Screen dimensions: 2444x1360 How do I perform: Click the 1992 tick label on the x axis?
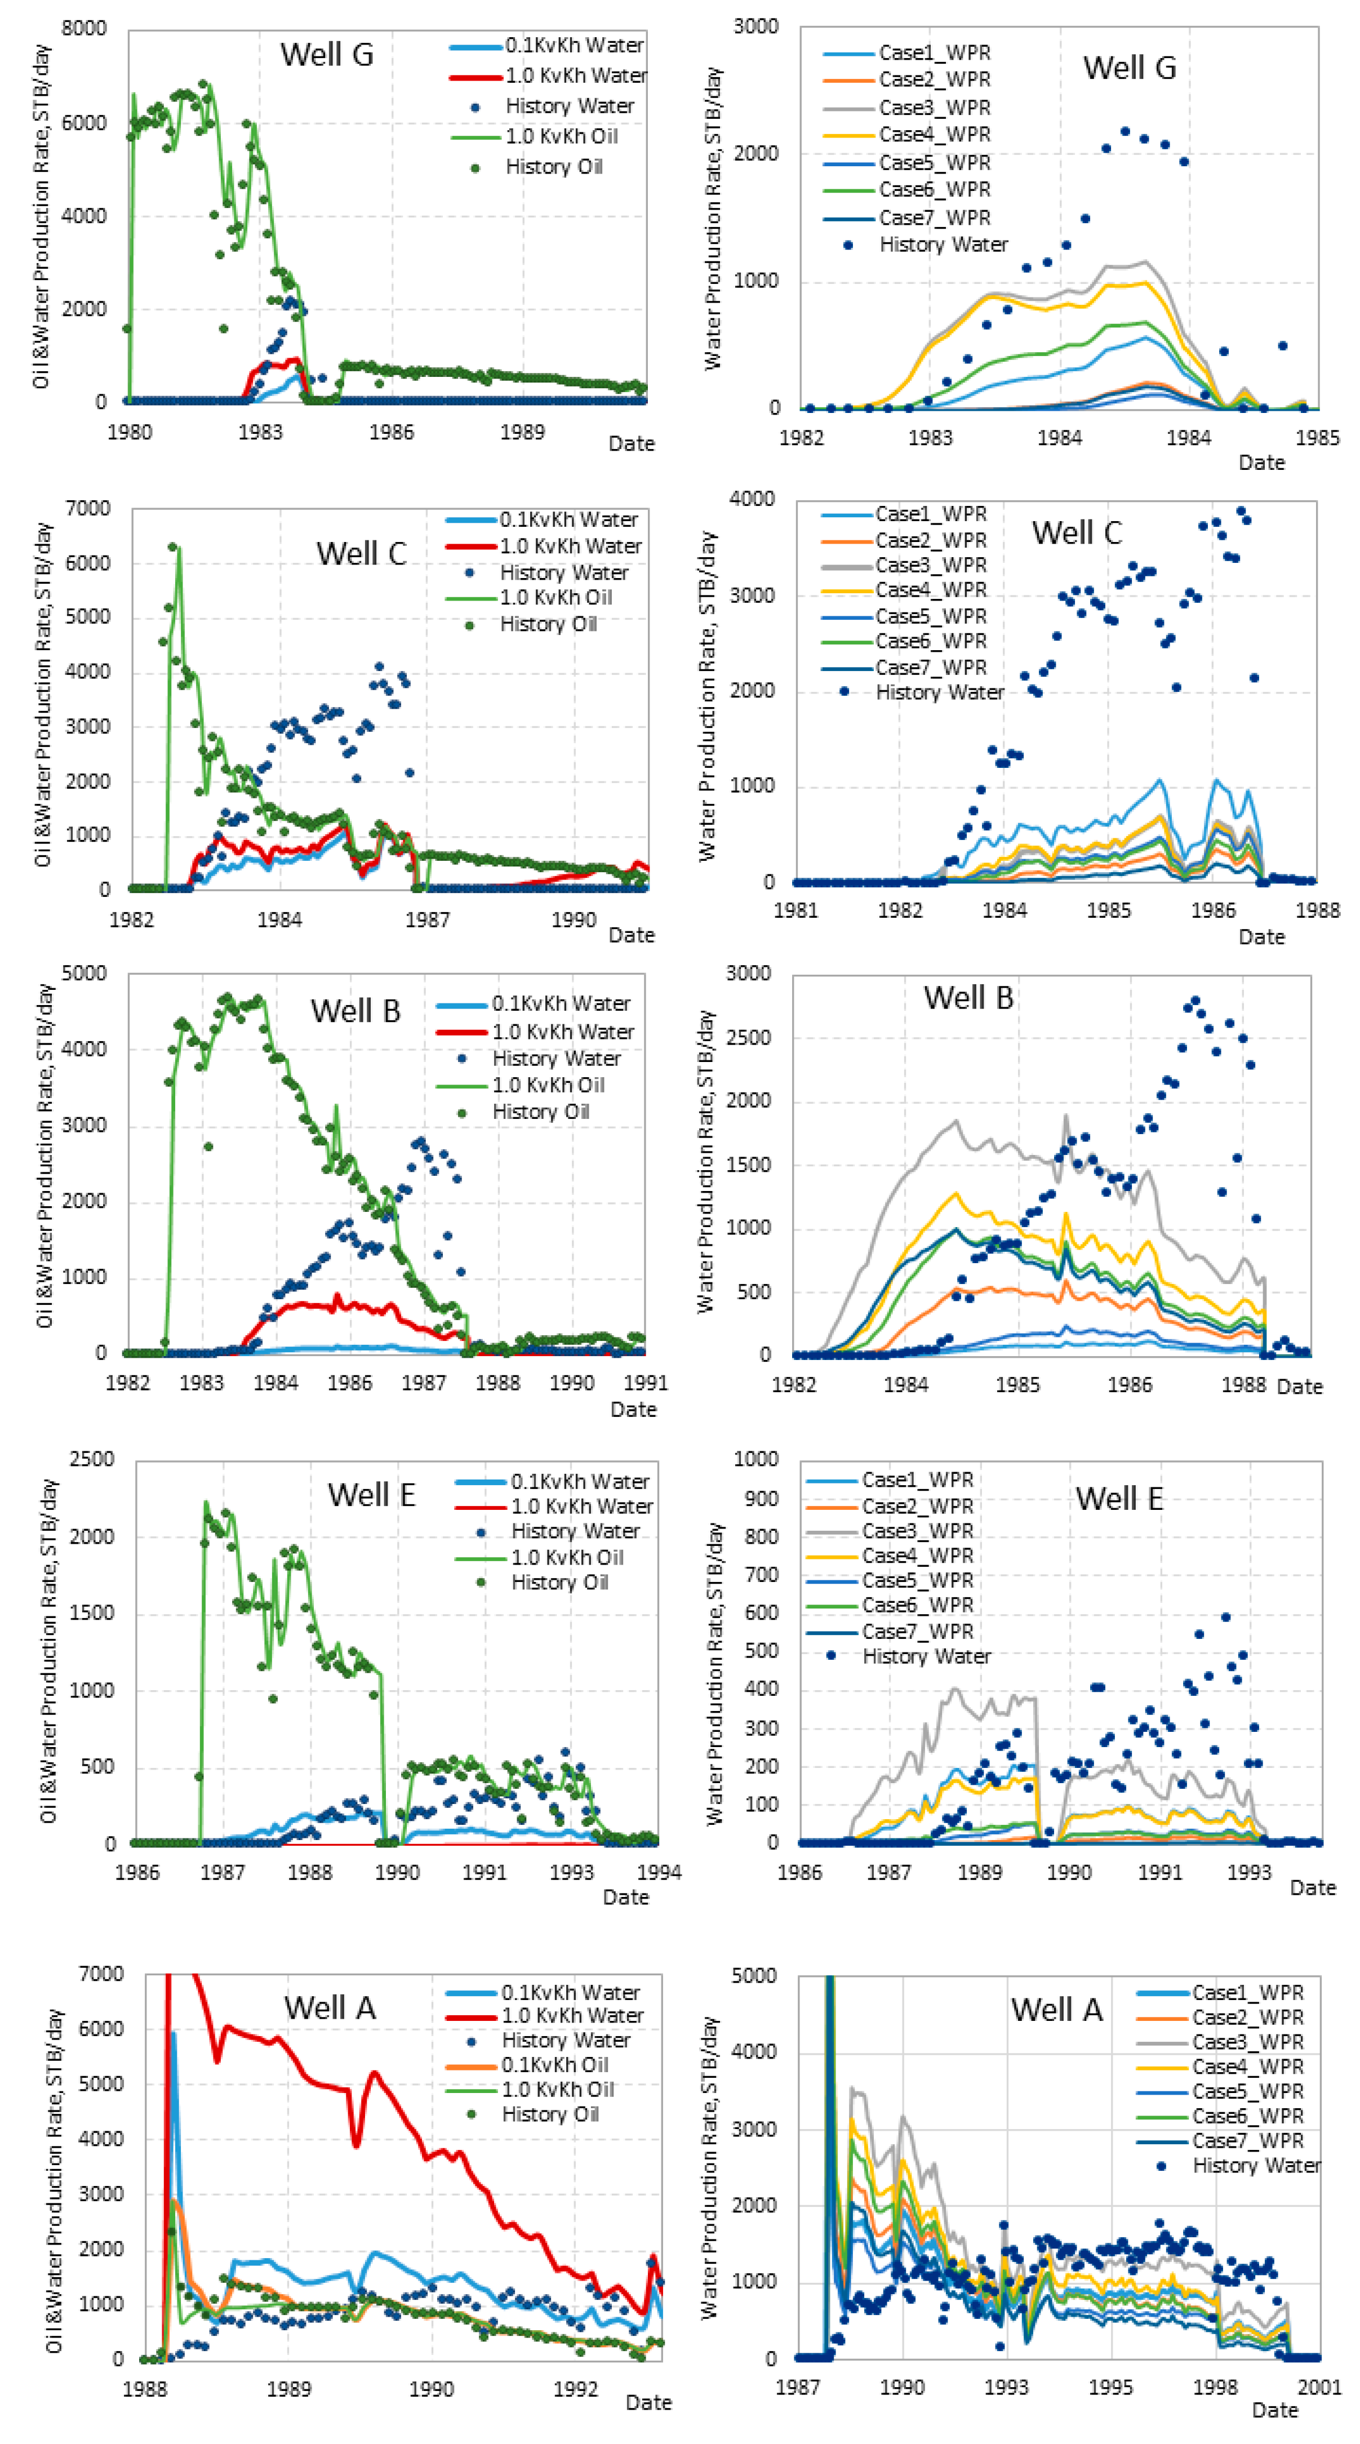click(x=575, y=2389)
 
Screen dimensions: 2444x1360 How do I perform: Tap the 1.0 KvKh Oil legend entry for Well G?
click(x=561, y=136)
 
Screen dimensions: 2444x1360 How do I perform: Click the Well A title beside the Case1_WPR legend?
click(x=1056, y=2010)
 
